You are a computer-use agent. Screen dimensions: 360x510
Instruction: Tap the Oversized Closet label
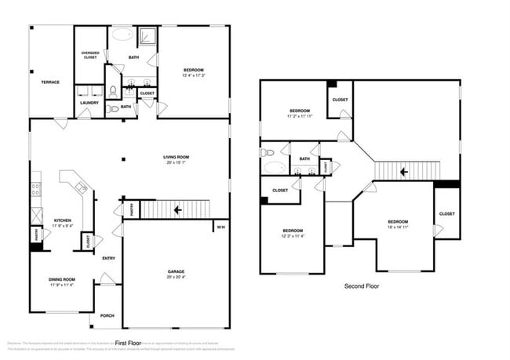89,55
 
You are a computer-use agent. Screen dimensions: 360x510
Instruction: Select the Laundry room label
89,103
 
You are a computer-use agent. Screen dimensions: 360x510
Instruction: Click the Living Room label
177,157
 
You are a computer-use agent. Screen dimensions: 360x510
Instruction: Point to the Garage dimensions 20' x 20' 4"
176,278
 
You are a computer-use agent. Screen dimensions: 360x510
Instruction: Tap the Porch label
107,315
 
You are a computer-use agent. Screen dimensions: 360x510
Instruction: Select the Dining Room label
61,279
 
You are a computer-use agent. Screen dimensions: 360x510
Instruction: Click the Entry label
108,258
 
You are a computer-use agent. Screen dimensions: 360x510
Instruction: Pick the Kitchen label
63,220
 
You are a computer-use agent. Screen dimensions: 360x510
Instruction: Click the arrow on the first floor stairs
178,209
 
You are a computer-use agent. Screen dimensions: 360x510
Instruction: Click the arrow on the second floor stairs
404,171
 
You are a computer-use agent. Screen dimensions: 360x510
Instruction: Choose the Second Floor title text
362,286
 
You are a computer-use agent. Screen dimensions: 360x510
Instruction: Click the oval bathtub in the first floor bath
124,35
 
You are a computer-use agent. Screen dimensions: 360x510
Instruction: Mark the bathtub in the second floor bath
275,166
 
